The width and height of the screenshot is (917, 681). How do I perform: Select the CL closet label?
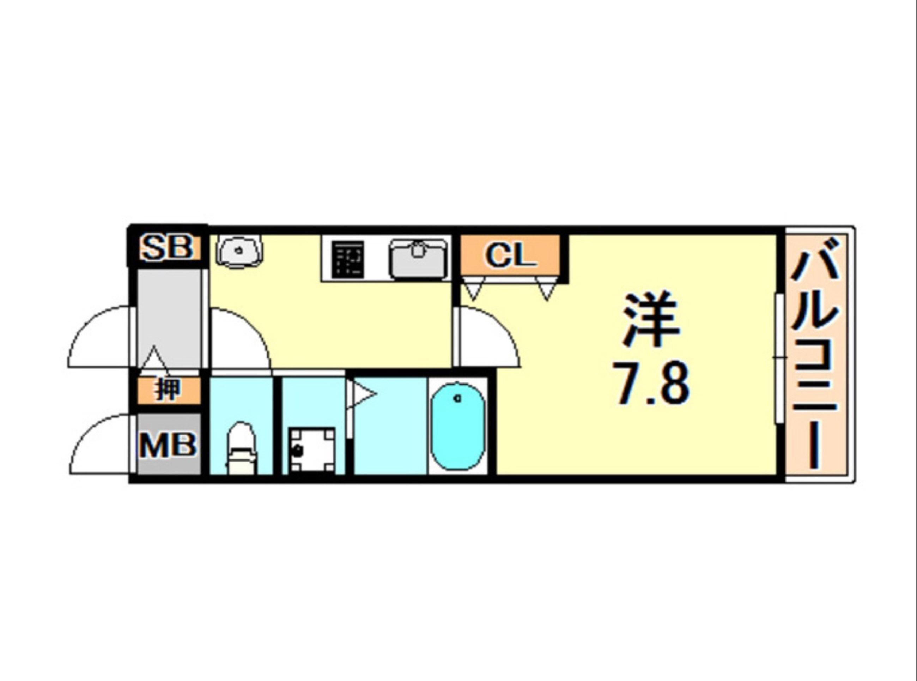tap(511, 255)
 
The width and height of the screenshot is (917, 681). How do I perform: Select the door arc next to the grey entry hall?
tap(239, 338)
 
